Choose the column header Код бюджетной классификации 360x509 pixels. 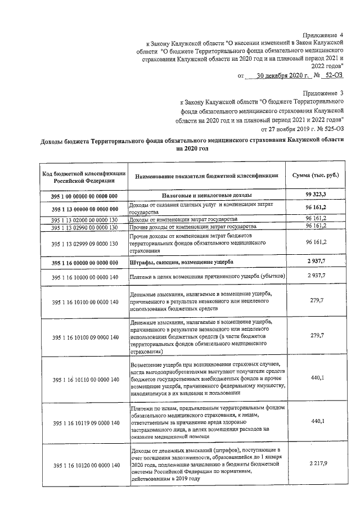[84, 177]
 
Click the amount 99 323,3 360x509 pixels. [316, 195]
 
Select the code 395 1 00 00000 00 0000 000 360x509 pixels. [84, 196]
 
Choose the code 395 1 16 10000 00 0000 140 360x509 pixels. [84, 277]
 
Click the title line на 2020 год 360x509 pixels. [180, 149]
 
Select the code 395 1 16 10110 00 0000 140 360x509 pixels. [84, 380]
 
